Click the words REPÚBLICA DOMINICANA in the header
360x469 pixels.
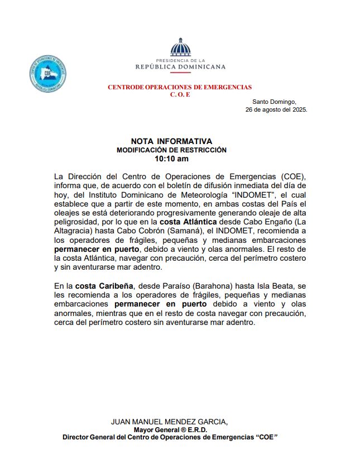tap(180, 66)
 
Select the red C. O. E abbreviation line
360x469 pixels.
tap(180, 94)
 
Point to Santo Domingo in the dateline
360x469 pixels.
tap(275, 102)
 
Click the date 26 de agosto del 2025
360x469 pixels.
tap(276, 109)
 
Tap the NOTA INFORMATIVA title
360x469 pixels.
tap(171, 141)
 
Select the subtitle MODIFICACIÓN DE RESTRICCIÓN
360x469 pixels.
tap(171, 150)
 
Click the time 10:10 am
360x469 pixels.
tap(171, 159)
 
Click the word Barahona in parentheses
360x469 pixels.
tap(196, 286)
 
